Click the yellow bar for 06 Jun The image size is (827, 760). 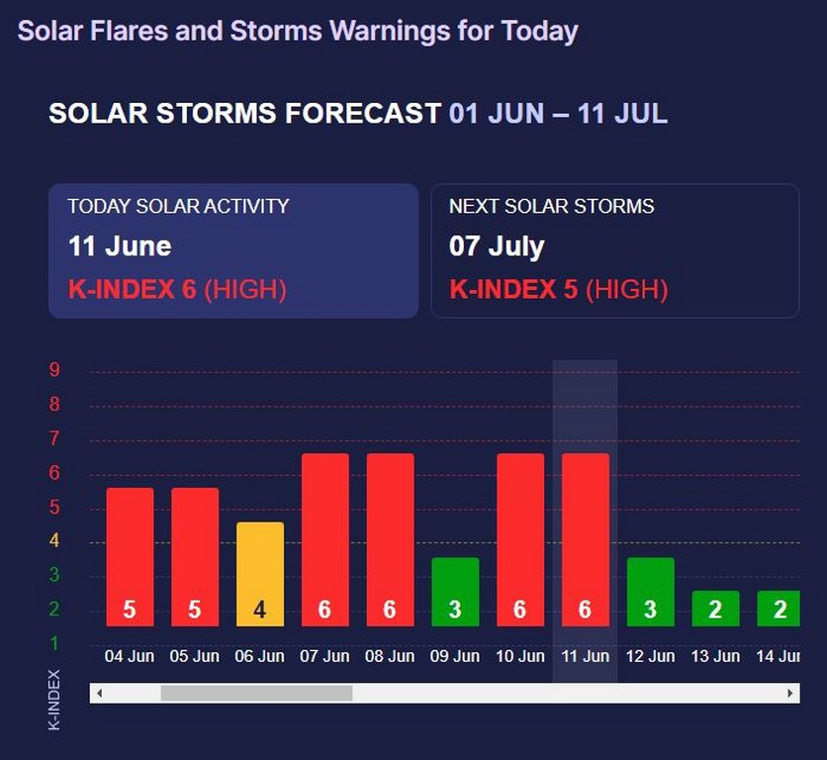[x=260, y=574]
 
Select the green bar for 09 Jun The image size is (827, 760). [x=455, y=592]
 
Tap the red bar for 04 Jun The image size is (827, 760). [x=130, y=556]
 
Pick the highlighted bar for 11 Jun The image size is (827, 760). [x=585, y=539]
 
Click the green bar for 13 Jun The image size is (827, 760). [x=715, y=609]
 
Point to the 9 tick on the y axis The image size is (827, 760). [x=55, y=370]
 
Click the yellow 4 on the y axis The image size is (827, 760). [x=55, y=541]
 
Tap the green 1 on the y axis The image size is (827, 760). [x=55, y=644]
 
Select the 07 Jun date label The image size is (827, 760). [x=324, y=656]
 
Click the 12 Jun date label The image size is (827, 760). [x=650, y=656]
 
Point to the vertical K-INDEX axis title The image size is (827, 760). [x=54, y=700]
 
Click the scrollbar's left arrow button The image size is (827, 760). [x=98, y=694]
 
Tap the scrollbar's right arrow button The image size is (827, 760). [x=790, y=694]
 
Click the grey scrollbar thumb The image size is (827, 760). [x=256, y=694]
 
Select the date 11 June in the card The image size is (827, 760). [x=120, y=245]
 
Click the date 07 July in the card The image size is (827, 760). [x=497, y=245]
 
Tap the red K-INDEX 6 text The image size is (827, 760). [x=133, y=290]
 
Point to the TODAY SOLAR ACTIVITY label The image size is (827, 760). [x=178, y=207]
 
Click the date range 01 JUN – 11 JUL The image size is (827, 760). [x=558, y=114]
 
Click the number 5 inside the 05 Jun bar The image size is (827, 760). [x=195, y=610]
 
